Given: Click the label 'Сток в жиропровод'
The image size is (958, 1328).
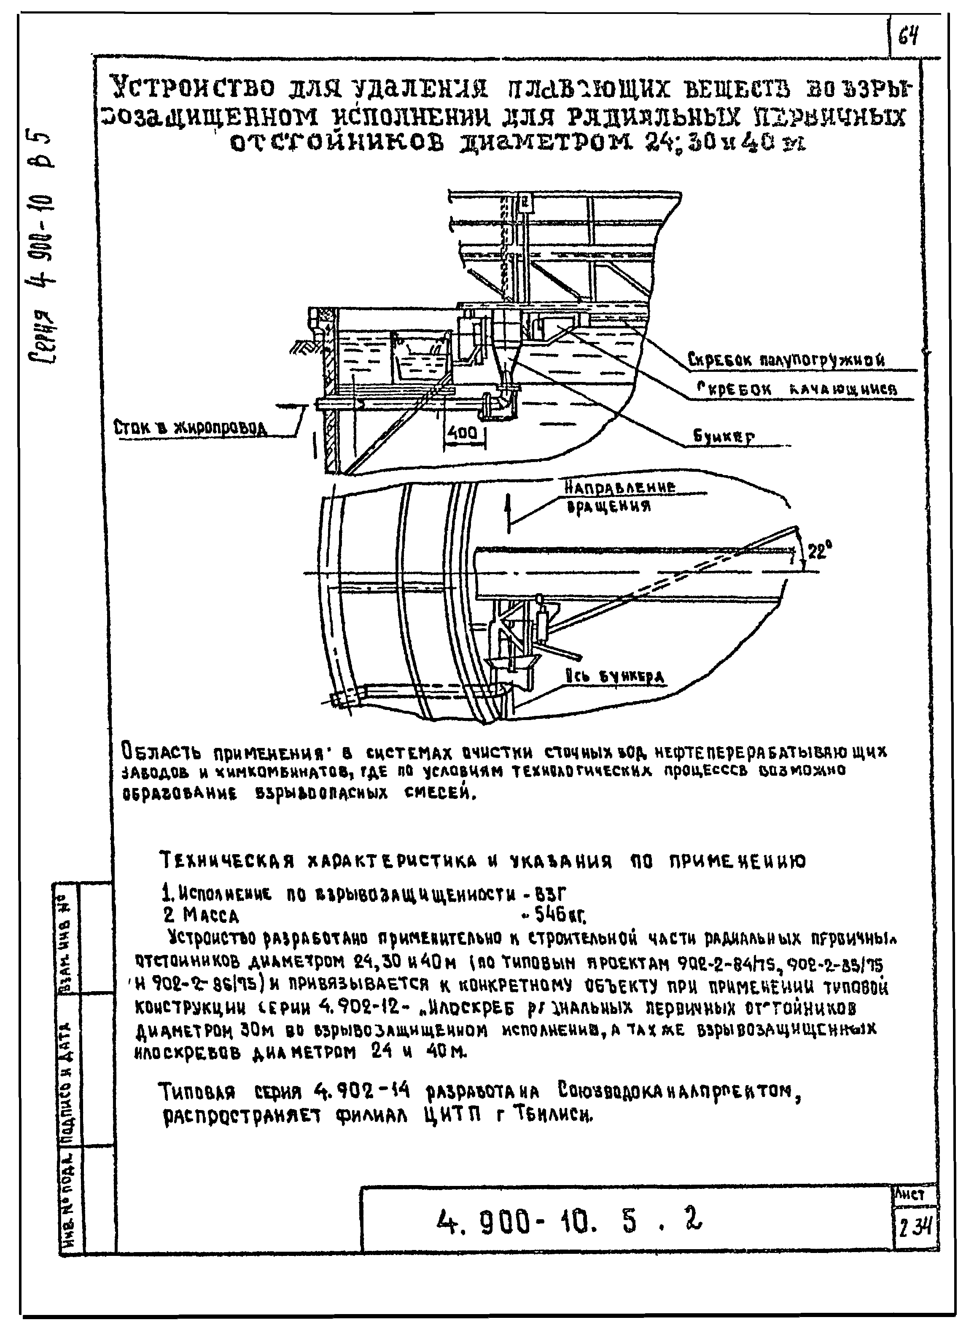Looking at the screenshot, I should (190, 429).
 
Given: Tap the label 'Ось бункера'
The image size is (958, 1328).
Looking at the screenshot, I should (615, 677).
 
